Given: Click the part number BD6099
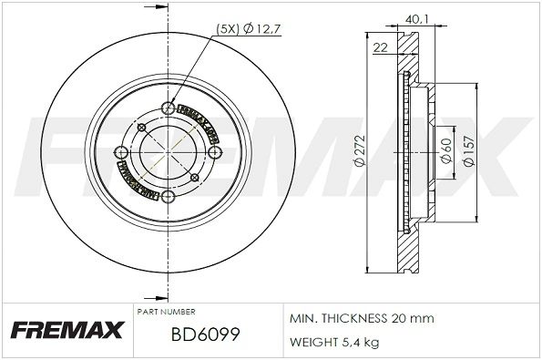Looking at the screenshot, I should coord(204,335).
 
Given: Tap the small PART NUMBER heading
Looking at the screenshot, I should coord(164,312).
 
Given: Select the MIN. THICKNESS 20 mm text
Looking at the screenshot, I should coord(361,318).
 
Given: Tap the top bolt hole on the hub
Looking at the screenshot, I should coord(167,108).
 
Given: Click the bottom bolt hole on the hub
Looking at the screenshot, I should coord(167,196).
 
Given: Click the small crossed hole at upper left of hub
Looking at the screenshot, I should coord(141,128).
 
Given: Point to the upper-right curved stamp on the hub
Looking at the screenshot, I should coord(199,121).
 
